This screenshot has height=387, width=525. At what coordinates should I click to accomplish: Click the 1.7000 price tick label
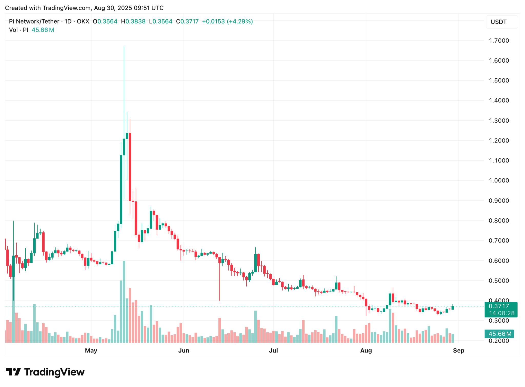pos(499,41)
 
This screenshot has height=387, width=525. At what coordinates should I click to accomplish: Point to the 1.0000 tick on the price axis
pos(499,180)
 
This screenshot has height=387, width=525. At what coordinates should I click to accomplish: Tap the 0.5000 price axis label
pos(499,280)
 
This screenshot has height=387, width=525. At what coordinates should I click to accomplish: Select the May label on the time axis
pos(91,350)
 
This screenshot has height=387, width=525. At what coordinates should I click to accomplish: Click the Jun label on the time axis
pos(184,350)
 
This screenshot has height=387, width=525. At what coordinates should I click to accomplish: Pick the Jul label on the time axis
pos(273,350)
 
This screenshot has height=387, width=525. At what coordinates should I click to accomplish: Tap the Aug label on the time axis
pos(366,350)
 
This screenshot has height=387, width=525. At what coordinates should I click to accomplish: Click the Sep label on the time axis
pos(458,350)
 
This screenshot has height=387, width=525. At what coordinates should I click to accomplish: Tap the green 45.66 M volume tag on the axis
pos(500,334)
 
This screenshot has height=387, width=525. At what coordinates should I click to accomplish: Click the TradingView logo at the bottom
pos(45,372)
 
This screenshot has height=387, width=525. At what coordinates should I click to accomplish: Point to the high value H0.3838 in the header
pos(133,21)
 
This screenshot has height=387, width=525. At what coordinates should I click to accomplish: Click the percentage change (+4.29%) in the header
pos(240,21)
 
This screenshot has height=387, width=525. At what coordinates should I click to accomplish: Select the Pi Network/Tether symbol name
pos(34,21)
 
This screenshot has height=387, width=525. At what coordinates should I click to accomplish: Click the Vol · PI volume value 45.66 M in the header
pos(43,30)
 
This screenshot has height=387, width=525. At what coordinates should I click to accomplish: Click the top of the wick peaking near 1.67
pos(124,47)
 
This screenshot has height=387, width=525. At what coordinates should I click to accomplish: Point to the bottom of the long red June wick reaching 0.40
pos(220,300)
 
